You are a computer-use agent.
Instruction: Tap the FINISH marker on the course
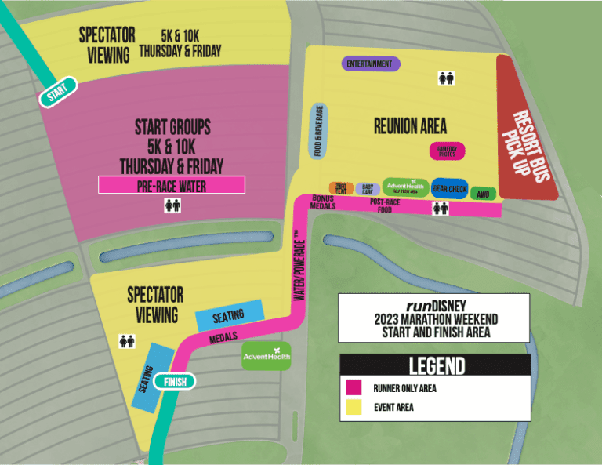pyautogui.click(x=175, y=382)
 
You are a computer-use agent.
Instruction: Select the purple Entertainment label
pyautogui.click(x=372, y=64)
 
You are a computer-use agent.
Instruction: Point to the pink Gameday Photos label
pyautogui.click(x=448, y=152)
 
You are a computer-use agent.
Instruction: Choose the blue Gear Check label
pyautogui.click(x=450, y=188)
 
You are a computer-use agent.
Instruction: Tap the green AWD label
pyautogui.click(x=484, y=193)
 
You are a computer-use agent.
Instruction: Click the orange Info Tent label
pyautogui.click(x=341, y=188)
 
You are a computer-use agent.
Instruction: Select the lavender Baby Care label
pyautogui.click(x=367, y=189)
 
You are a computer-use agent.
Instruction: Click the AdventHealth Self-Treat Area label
pyautogui.click(x=405, y=187)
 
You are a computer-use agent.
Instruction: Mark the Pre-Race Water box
pyautogui.click(x=172, y=185)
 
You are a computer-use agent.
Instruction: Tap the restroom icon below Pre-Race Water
pyautogui.click(x=172, y=205)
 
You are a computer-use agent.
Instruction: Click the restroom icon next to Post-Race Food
pyautogui.click(x=441, y=208)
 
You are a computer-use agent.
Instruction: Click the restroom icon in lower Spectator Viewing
pyautogui.click(x=126, y=341)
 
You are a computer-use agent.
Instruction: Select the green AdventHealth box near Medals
pyautogui.click(x=267, y=356)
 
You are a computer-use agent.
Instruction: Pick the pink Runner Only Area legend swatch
pyautogui.click(x=354, y=387)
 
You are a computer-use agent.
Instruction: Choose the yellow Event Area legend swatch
pyautogui.click(x=354, y=407)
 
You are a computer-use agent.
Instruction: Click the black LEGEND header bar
pyautogui.click(x=435, y=365)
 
